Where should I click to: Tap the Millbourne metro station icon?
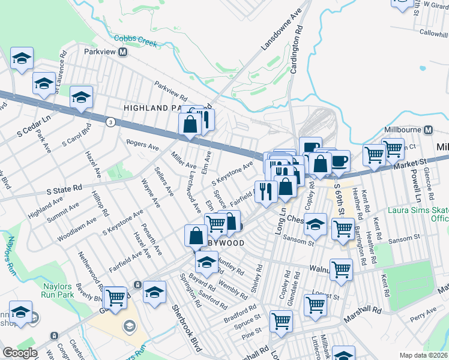tap(429, 130)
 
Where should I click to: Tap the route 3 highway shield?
tap(110, 122)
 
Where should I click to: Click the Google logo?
tap(20, 352)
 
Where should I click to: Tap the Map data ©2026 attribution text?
tap(423, 355)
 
